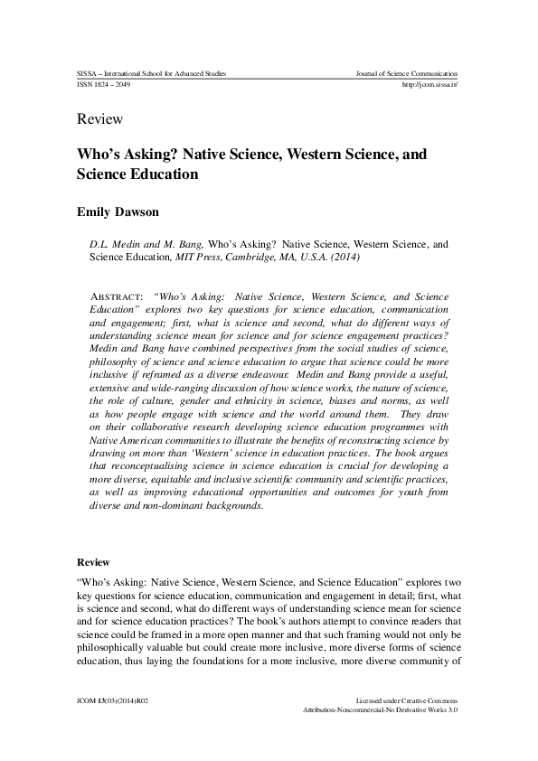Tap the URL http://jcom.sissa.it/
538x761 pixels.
click(x=429, y=82)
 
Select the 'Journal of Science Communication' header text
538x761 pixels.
click(x=408, y=72)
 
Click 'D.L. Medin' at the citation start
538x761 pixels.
click(x=112, y=244)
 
